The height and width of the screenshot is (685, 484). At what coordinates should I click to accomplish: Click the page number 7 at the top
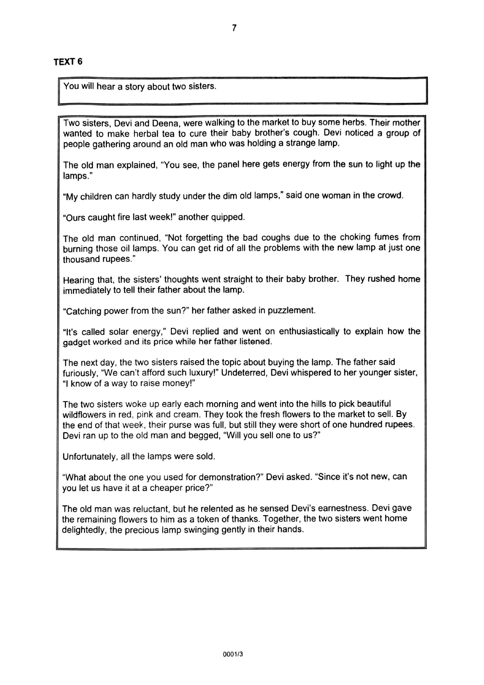(x=234, y=28)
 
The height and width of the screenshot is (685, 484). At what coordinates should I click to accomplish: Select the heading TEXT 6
(x=68, y=62)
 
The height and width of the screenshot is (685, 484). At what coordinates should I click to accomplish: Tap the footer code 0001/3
(x=233, y=654)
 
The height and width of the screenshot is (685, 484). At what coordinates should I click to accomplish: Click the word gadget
(x=77, y=342)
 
